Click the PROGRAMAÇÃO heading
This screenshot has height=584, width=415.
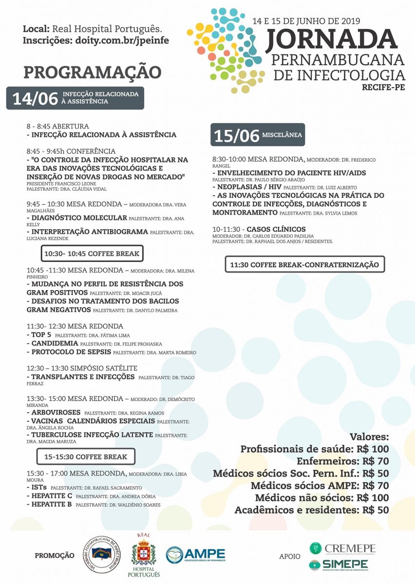pyautogui.click(x=92, y=72)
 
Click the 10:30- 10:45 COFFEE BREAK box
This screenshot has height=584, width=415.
pyautogui.click(x=92, y=254)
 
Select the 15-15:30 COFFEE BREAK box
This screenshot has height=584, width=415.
pyautogui.click(x=86, y=456)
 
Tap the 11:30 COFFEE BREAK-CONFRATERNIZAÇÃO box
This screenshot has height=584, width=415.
pyautogui.click(x=304, y=264)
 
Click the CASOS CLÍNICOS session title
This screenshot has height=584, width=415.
pyautogui.click(x=276, y=229)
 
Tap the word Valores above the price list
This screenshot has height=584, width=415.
pyautogui.click(x=369, y=436)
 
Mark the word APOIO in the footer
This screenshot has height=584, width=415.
pyautogui.click(x=290, y=556)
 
